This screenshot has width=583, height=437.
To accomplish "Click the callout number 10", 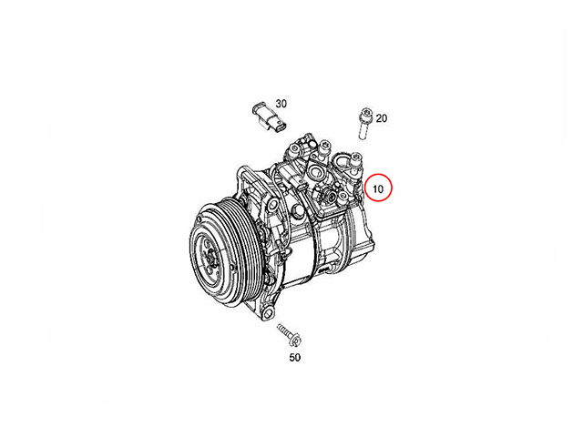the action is (x=377, y=188).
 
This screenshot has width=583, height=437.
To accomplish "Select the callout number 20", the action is (x=382, y=118).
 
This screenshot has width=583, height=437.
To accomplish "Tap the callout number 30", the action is (x=281, y=103).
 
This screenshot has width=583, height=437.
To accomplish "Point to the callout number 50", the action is (x=294, y=357).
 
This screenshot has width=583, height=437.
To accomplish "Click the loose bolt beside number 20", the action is (x=364, y=124).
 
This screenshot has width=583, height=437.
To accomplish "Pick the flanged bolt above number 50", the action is (x=289, y=334).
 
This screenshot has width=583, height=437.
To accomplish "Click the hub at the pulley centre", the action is (x=211, y=258).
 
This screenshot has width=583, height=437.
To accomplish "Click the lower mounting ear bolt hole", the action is (x=267, y=313).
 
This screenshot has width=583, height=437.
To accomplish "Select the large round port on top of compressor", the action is (x=315, y=172).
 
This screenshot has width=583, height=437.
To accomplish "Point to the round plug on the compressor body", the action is (x=298, y=212).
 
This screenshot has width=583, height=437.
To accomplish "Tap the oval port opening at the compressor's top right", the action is (x=342, y=162).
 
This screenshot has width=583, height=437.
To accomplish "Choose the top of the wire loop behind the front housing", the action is (x=277, y=167).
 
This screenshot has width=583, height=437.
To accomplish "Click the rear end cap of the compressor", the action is (x=360, y=230).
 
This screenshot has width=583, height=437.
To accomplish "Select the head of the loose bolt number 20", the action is (x=364, y=113).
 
